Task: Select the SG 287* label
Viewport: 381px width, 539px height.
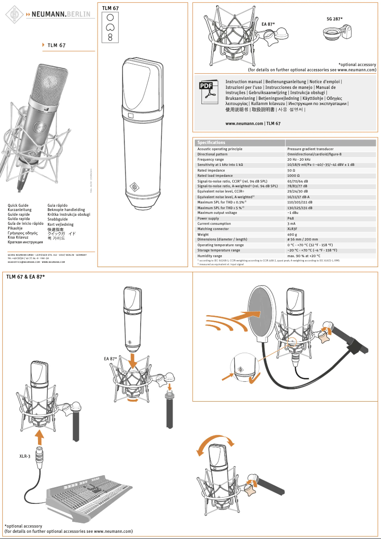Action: pos(334,19)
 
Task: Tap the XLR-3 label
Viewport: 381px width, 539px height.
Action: pos(25,456)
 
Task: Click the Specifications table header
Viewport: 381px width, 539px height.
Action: pos(211,143)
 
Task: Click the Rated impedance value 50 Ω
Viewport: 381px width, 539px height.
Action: pos(291,170)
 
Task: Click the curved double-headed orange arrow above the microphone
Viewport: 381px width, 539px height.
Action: pos(216,444)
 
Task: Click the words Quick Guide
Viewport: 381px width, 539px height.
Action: pos(18,205)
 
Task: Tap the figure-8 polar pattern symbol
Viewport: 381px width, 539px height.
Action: pos(110,37)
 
